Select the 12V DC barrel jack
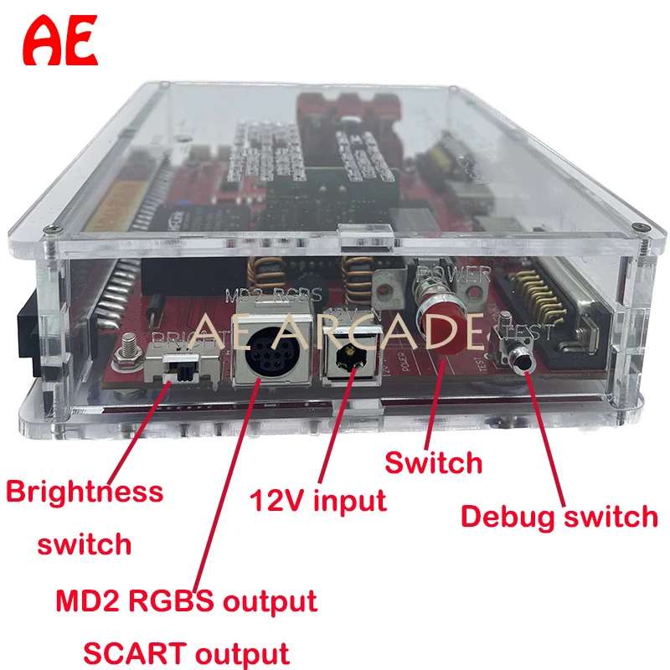pos(346,362)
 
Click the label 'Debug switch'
pos(559,516)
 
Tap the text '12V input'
pos(318,501)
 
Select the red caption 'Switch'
pos(433,462)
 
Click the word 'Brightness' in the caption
pos(85,491)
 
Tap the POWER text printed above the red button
pos(456,274)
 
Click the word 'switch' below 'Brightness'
pos(85,544)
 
